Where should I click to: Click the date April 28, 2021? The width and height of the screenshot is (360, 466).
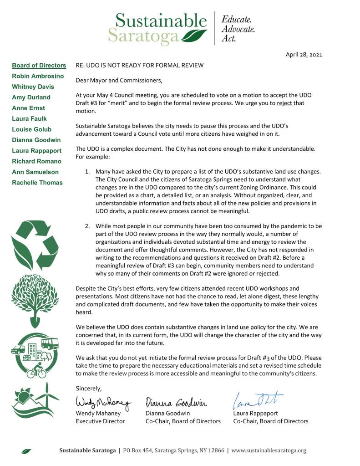coord(304,55)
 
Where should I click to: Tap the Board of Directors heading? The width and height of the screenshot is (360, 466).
coord(39,66)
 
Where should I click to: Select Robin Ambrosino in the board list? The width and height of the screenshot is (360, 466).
coord(37,76)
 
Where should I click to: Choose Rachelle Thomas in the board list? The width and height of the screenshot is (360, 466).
coord(37,183)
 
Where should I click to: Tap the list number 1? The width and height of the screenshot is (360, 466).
coord(87,171)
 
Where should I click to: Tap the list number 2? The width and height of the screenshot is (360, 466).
coord(87,226)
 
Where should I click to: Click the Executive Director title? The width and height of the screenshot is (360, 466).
coord(100,421)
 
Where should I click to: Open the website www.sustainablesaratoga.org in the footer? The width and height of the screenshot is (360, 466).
coord(269,451)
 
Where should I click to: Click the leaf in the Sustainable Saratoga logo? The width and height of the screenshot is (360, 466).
coord(194,35)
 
